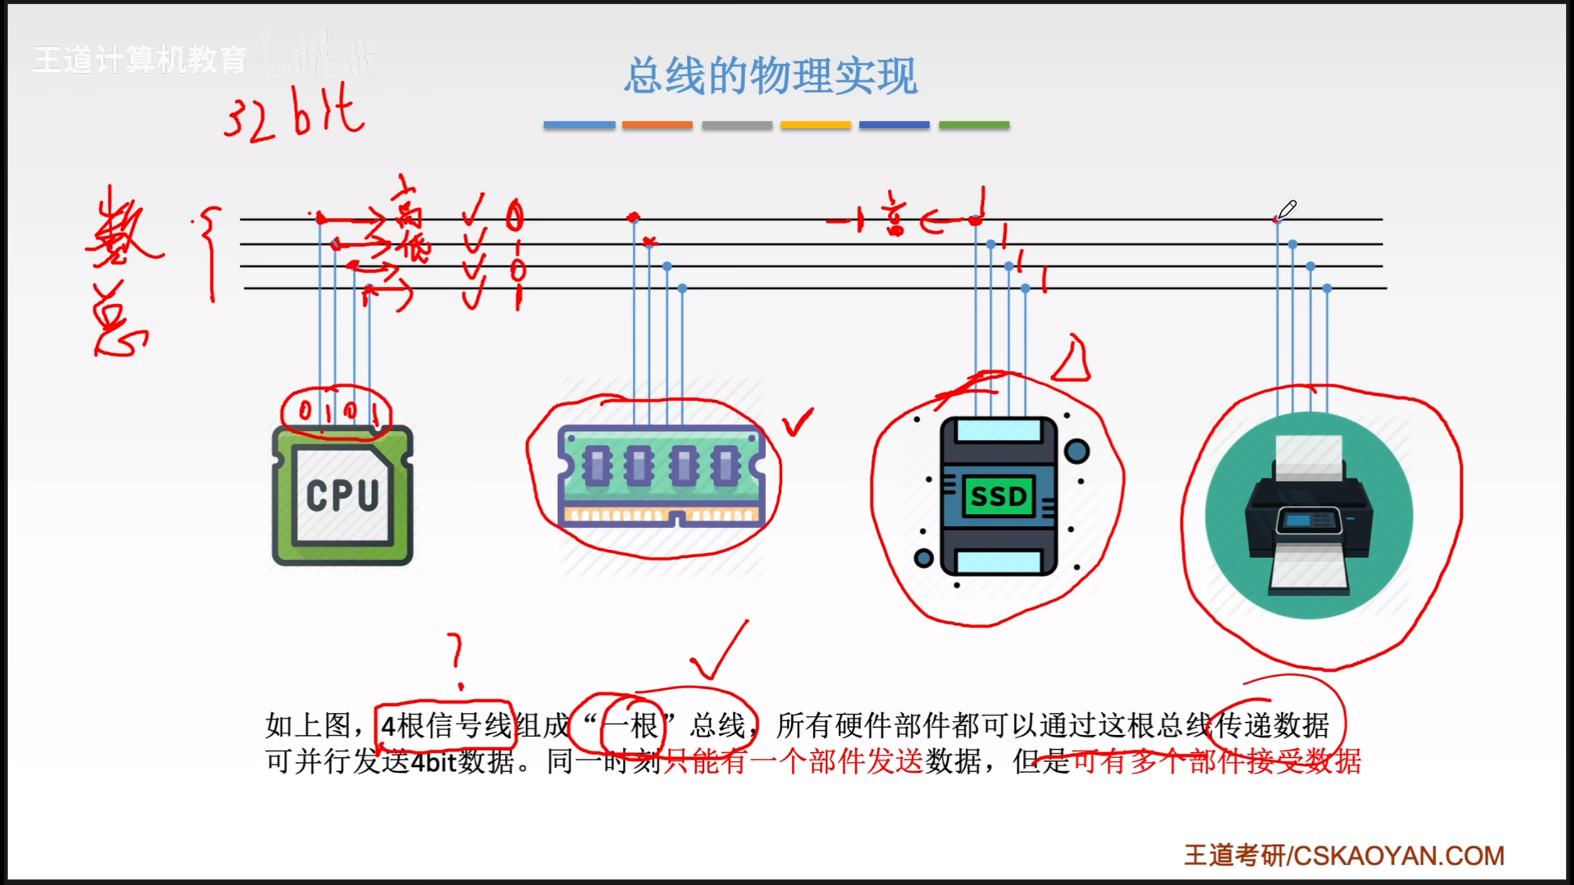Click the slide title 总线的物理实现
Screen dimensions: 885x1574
click(x=771, y=76)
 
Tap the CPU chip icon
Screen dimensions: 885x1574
click(x=342, y=495)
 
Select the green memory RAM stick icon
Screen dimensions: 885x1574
click(x=660, y=477)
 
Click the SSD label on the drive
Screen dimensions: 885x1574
click(x=999, y=496)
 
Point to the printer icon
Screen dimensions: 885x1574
click(x=1308, y=515)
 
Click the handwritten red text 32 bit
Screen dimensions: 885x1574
click(x=294, y=114)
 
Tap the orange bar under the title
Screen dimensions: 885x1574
click(x=657, y=125)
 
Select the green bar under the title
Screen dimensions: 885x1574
click(x=974, y=125)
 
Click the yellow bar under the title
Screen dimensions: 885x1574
click(x=815, y=125)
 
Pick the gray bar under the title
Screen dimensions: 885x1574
click(x=737, y=125)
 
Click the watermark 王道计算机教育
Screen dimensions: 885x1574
click(x=140, y=60)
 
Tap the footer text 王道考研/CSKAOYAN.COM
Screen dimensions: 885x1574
click(x=1344, y=855)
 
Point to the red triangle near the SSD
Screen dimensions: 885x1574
click(x=1072, y=361)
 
